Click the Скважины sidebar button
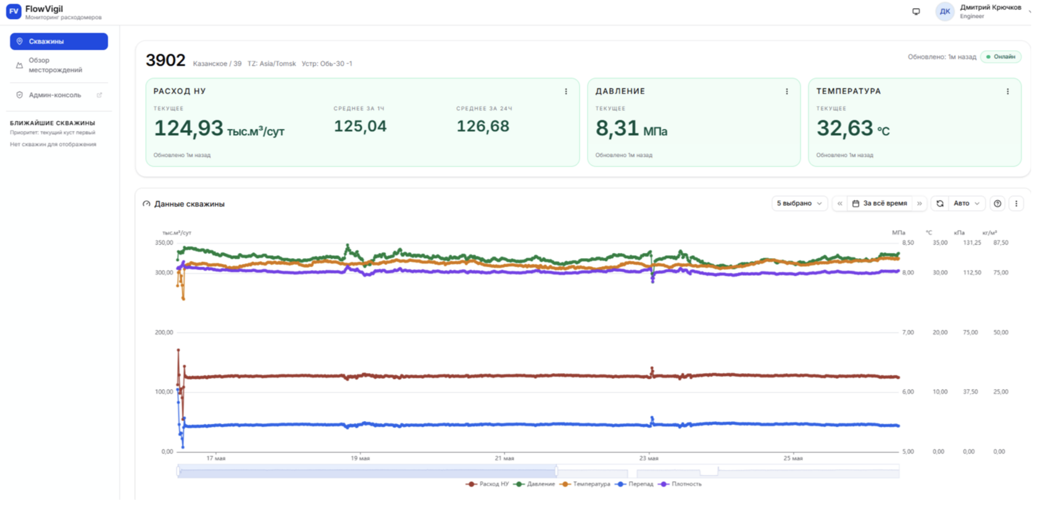(59, 41)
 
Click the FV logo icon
(14, 11)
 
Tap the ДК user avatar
(945, 11)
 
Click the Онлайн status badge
(1001, 56)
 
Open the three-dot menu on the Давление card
(786, 91)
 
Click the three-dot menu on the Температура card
(1008, 91)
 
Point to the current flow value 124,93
(188, 128)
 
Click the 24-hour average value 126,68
(483, 126)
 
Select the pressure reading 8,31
(617, 128)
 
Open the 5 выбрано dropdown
(799, 203)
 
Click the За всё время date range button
(880, 203)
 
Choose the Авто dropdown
(966, 203)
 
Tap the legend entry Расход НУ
(488, 484)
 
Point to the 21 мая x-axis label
(504, 458)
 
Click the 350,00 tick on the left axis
(164, 243)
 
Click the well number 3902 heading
(165, 60)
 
